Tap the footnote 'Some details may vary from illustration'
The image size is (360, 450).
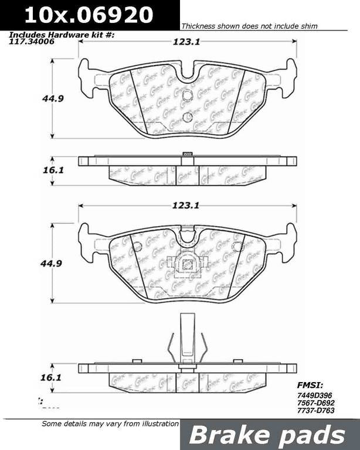tap(110, 424)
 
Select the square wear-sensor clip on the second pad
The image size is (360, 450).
tap(187, 264)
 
